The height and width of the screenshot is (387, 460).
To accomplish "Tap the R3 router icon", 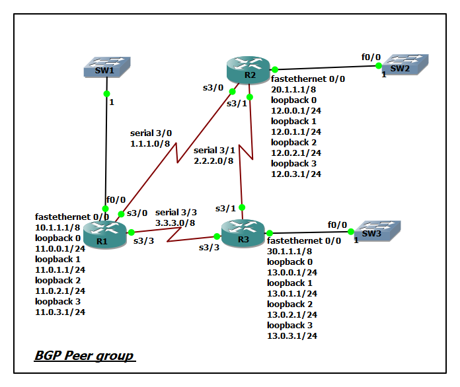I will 243,234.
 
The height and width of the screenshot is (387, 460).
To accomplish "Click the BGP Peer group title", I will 84,356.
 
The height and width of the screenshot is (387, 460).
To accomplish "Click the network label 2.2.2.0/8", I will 213,160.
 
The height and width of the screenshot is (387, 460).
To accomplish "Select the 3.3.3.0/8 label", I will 175,223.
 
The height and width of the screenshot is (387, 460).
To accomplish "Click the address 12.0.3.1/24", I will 296,174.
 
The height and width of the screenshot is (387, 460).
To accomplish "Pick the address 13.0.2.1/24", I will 292,314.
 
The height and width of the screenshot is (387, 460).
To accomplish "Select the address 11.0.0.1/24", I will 59,248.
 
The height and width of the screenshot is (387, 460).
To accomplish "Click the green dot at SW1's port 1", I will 107,94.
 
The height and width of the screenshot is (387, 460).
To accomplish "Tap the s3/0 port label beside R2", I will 212,87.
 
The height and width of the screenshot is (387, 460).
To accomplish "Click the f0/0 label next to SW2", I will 370,57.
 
